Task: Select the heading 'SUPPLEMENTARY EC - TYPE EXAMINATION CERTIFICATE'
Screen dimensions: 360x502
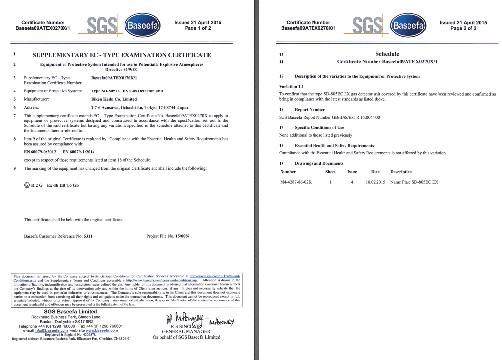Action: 122,55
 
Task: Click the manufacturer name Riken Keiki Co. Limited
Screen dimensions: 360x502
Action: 114,99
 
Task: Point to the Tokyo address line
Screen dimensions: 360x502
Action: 140,107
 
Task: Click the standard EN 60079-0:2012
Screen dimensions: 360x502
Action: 40,152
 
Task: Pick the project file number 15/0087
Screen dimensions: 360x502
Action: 182,236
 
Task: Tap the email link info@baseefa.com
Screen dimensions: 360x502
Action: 51,330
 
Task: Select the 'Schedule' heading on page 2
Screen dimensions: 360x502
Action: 387,54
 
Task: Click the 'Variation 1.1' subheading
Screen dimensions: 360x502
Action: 291,87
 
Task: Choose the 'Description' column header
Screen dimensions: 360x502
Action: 401,172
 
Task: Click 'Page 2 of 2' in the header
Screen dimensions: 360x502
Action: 463,28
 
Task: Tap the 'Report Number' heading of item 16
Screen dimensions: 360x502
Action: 310,109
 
